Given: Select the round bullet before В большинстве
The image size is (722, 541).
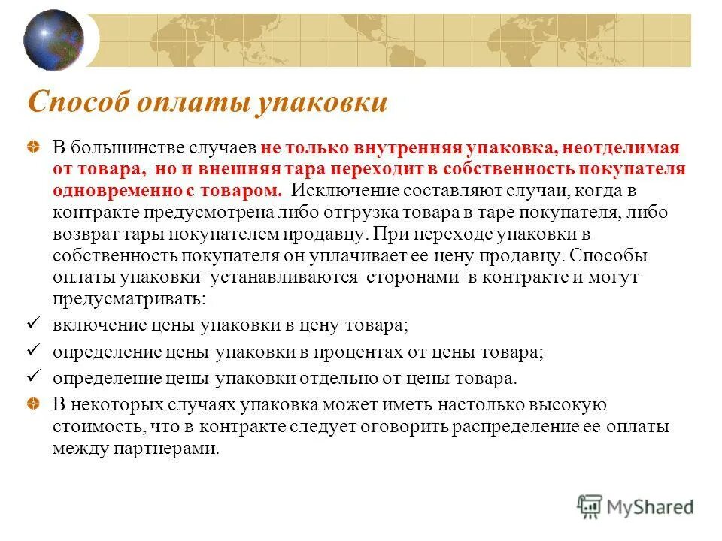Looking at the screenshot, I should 35,148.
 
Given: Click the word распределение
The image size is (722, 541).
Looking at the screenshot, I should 535,427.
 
